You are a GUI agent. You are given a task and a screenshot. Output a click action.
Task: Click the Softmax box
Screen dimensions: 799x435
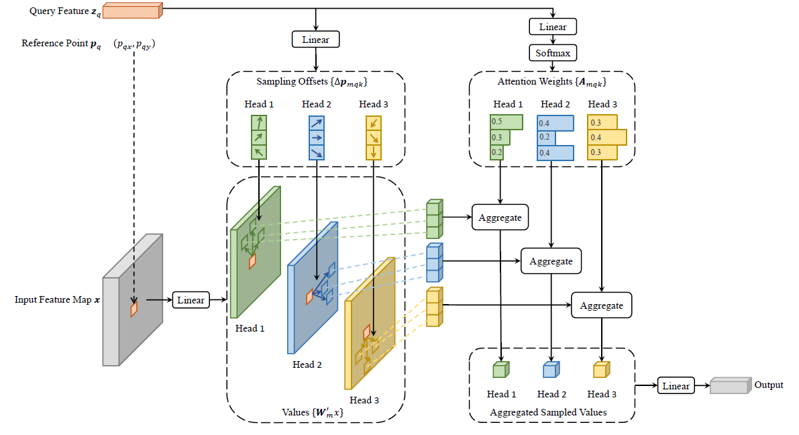pyautogui.click(x=553, y=53)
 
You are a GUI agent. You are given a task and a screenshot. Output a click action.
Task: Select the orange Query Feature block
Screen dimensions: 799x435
pyautogui.click(x=132, y=11)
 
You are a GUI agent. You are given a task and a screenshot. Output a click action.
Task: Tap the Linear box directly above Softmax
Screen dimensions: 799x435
pyautogui.click(x=553, y=27)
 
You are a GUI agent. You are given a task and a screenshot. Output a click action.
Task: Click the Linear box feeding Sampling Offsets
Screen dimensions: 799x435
pyautogui.click(x=316, y=39)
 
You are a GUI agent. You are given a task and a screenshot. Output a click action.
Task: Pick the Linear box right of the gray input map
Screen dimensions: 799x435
pyautogui.click(x=191, y=300)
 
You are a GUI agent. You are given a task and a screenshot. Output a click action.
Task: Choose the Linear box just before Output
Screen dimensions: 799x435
pyautogui.click(x=676, y=385)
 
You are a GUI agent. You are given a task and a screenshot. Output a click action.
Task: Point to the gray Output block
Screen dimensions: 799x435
pyautogui.click(x=731, y=385)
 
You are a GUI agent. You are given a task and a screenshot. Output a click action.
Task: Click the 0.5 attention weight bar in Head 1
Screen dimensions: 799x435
pyautogui.click(x=507, y=122)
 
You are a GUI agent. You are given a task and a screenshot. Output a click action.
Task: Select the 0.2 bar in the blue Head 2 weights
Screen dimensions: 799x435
pyautogui.click(x=546, y=138)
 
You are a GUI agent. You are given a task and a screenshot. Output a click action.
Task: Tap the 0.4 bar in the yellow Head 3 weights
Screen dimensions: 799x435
pyautogui.click(x=607, y=138)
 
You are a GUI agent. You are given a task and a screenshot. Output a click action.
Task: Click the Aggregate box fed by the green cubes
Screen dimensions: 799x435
pyautogui.click(x=500, y=217)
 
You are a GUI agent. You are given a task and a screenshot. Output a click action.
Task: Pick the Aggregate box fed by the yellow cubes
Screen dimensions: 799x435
pyautogui.click(x=601, y=305)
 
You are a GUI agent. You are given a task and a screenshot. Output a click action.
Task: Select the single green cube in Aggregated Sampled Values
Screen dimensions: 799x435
pyautogui.click(x=501, y=369)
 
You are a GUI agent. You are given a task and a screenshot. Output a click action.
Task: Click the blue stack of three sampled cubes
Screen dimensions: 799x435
pyautogui.click(x=435, y=262)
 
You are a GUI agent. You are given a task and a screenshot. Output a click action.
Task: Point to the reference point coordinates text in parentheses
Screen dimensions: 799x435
pyautogui.click(x=135, y=44)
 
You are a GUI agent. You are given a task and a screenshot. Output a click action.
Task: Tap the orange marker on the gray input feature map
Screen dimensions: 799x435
pyautogui.click(x=134, y=309)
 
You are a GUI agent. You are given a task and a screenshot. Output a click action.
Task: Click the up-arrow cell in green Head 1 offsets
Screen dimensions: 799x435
pyautogui.click(x=259, y=123)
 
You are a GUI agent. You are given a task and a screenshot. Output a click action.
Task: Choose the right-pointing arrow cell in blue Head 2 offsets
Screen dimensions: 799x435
pyautogui.click(x=317, y=138)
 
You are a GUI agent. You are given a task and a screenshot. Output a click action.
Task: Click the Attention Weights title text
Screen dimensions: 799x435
pyautogui.click(x=552, y=82)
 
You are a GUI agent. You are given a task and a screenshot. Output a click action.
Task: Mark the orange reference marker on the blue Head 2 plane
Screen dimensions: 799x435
pyautogui.click(x=309, y=297)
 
